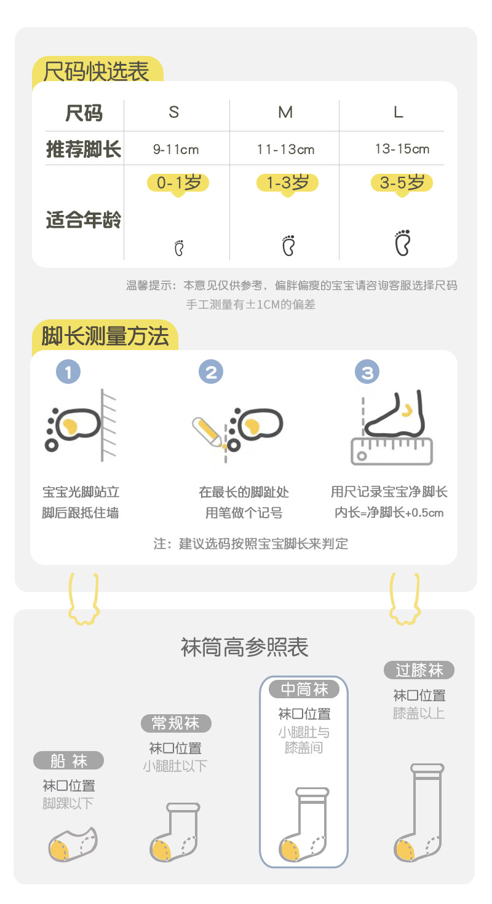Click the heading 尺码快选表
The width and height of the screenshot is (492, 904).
point(97,71)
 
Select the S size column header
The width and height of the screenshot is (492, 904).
point(174,112)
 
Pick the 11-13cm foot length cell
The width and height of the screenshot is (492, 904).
point(285,149)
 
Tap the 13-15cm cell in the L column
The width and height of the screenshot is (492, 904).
point(402,149)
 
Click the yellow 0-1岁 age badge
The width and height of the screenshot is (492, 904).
point(178,182)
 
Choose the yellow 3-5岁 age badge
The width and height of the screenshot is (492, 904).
point(402,182)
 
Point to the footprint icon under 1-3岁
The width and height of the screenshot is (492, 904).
point(288,245)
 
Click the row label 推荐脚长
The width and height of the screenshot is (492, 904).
point(84,149)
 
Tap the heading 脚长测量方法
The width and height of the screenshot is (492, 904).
point(105,337)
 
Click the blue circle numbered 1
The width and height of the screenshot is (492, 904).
point(68,372)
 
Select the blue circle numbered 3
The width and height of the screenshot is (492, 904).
point(367,372)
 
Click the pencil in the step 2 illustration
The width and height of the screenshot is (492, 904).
point(208,432)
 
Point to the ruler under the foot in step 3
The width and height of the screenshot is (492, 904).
point(392,451)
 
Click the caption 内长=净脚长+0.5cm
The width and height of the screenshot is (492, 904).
point(389,513)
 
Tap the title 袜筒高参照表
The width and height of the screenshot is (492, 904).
point(245,647)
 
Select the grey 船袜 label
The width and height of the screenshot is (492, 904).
point(68,761)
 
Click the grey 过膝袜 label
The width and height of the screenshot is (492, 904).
point(419,670)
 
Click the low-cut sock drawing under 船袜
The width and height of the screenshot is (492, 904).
point(73,844)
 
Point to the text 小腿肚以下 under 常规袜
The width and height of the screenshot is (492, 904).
point(175,766)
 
